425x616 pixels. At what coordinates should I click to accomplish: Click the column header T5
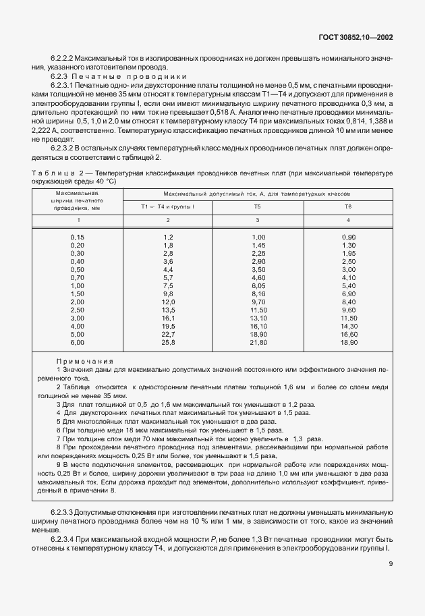coord(257,206)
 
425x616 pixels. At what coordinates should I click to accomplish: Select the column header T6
coord(347,206)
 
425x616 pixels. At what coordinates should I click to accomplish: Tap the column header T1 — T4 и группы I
coord(167,206)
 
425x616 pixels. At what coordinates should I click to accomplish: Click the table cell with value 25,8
coord(168,343)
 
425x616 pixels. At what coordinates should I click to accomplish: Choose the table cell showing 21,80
coord(258,343)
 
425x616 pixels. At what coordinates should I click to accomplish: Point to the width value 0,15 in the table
coord(78,237)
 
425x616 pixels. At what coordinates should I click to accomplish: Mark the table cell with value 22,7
coord(168,335)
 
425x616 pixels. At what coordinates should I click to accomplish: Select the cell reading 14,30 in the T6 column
coord(348,327)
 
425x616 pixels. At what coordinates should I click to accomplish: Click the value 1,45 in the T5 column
coord(258,246)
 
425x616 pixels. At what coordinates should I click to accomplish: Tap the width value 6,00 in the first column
coord(78,343)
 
